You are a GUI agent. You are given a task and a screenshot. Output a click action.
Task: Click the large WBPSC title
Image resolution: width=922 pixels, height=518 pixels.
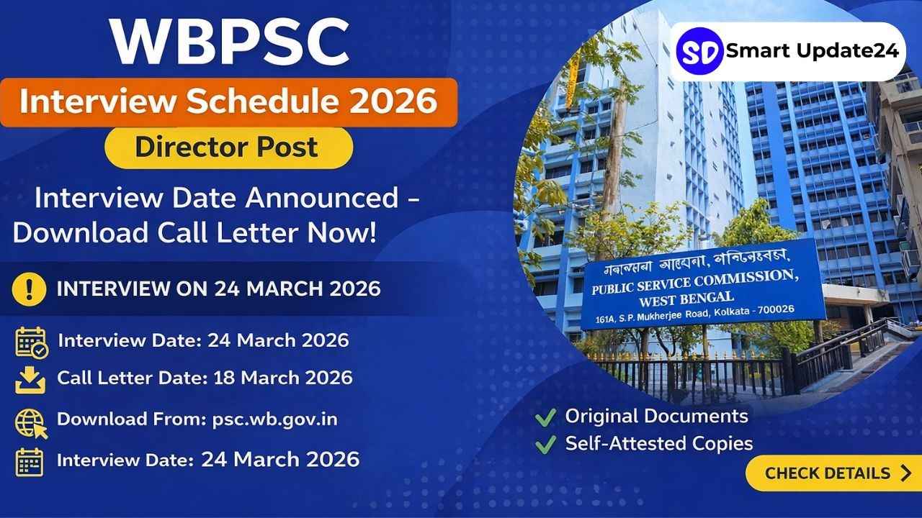(230, 42)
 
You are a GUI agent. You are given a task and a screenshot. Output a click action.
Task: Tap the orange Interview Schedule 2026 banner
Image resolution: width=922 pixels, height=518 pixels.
(229, 102)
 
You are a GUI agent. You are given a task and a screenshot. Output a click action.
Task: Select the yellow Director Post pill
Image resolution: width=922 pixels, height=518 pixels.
(229, 147)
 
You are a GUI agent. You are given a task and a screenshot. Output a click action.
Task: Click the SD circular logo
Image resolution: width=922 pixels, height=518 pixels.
(699, 51)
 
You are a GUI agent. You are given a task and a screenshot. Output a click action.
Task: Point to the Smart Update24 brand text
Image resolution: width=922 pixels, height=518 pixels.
(812, 51)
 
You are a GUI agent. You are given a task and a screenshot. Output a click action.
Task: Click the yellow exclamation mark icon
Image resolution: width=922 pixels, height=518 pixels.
(30, 289)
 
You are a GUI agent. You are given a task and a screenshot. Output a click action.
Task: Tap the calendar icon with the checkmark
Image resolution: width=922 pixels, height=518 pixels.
(32, 342)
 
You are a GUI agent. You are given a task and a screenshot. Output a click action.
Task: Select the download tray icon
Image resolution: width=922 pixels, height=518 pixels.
(30, 381)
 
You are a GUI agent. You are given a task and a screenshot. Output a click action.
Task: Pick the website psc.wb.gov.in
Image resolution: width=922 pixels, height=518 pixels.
(275, 419)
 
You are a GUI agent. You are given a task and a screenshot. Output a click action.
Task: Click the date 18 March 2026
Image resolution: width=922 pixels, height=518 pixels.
(283, 378)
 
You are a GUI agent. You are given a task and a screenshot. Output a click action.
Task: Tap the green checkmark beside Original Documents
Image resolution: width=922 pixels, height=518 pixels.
(546, 418)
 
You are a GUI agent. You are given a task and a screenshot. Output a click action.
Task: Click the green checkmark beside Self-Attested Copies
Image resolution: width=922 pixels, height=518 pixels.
(546, 445)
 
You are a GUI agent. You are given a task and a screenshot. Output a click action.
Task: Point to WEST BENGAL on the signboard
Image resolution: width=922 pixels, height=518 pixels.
(686, 299)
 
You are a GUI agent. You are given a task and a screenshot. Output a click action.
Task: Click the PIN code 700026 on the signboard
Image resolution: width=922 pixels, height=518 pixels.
(776, 309)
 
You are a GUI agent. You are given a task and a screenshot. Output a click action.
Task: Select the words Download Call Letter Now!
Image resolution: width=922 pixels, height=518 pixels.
(194, 233)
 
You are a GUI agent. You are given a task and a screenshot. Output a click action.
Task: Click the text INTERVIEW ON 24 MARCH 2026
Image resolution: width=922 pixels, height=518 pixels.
(218, 288)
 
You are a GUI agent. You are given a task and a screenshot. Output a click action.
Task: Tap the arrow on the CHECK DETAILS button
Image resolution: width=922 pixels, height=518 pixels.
(905, 473)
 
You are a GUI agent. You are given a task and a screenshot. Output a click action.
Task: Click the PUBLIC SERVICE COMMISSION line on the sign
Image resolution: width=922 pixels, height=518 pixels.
(695, 283)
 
